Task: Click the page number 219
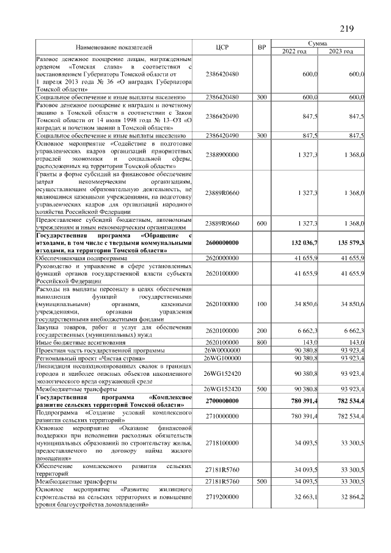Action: [346, 29]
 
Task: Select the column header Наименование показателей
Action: [114, 47]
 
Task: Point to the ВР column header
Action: [262, 47]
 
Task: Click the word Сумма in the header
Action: [318, 43]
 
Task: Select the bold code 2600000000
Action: [222, 243]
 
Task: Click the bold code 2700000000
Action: [222, 401]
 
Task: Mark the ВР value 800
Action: [262, 343]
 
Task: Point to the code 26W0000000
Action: [222, 351]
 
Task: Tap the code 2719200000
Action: [222, 498]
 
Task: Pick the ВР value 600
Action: [262, 224]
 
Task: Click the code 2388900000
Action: [222, 155]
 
